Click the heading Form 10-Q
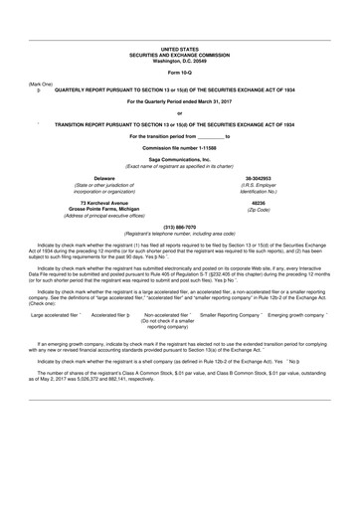coord(179,74)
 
